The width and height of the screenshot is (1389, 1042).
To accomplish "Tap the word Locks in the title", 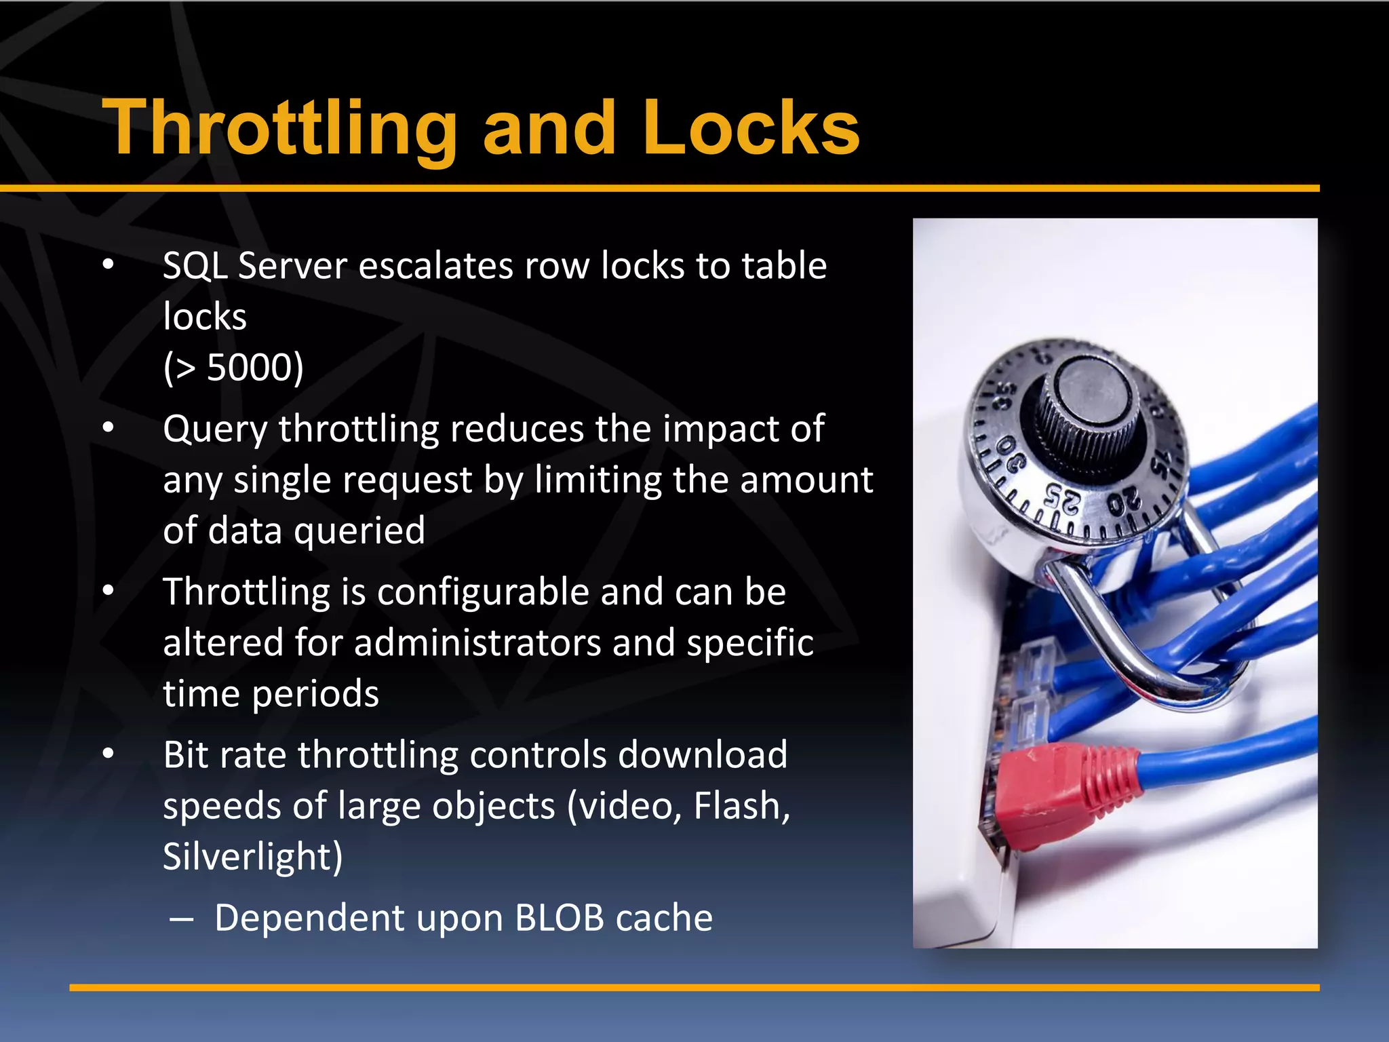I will click(751, 129).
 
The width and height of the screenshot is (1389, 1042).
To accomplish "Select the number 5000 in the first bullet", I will click(254, 368).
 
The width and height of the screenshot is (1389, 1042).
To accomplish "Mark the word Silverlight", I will click(252, 857).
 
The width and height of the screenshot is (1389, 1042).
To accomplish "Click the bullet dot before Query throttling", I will click(109, 428).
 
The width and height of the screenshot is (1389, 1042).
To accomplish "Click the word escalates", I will click(435, 266).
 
